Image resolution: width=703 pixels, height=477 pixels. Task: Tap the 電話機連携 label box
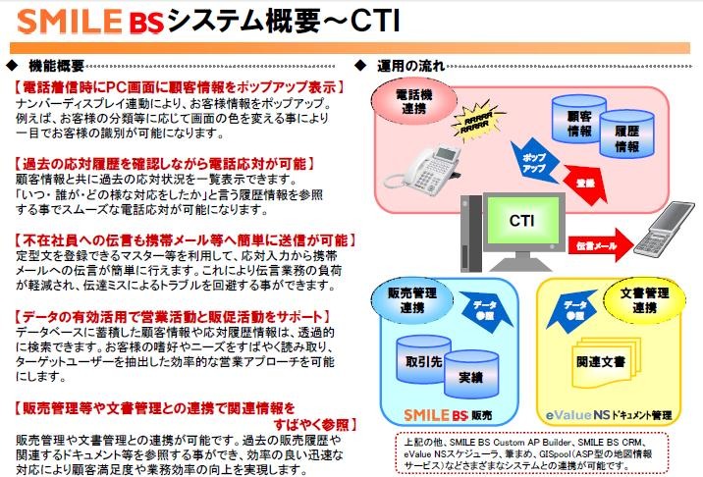413,103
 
